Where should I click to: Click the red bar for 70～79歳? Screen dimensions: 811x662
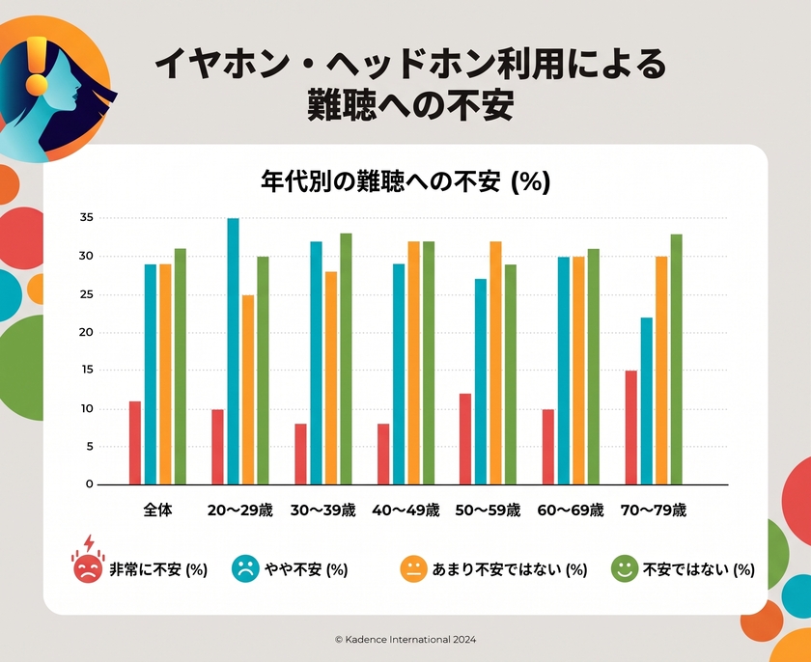click(630, 428)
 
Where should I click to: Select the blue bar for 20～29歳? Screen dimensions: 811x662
click(234, 351)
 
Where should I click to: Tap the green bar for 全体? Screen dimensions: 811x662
click(180, 367)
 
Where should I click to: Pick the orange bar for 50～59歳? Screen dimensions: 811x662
click(495, 363)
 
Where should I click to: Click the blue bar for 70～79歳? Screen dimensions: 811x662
click(647, 401)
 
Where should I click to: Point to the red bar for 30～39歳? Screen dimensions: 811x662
click(300, 455)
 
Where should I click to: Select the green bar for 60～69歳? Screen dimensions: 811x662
click(593, 367)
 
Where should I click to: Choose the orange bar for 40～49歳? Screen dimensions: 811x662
click(414, 363)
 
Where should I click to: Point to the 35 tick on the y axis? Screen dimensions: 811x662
click(86, 217)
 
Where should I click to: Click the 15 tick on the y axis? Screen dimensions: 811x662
click(86, 370)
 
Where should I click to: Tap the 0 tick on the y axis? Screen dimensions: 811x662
click(90, 484)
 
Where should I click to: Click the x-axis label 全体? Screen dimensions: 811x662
click(157, 510)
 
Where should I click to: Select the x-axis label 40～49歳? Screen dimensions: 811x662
click(405, 510)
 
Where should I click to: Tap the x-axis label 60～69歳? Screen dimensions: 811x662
click(571, 510)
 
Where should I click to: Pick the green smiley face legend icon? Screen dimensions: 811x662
click(625, 569)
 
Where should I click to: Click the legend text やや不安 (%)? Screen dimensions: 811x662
click(306, 569)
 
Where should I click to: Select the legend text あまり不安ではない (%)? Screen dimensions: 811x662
click(510, 569)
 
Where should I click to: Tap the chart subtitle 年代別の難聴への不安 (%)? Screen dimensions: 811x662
click(405, 181)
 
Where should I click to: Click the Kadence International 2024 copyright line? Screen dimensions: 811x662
click(405, 639)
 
